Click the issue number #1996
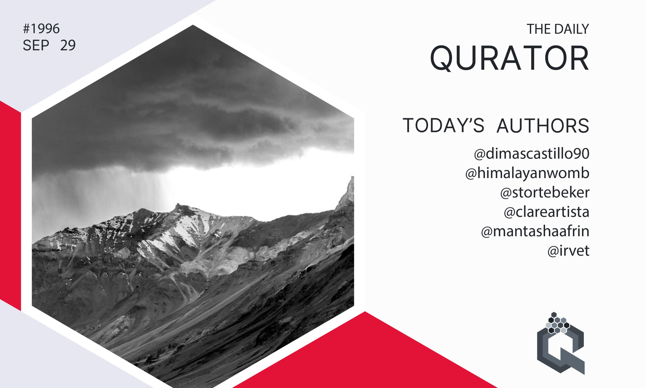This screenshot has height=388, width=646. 41,29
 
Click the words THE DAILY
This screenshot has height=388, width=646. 558,29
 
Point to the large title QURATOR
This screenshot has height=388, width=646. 509,58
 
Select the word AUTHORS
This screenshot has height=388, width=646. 543,126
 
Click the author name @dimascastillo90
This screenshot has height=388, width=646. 531,154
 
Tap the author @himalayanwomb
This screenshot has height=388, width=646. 527,173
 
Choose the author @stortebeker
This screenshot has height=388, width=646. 545,193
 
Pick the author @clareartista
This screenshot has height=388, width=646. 546,212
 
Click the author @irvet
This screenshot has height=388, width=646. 568,251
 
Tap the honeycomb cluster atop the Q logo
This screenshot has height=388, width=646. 557,323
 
